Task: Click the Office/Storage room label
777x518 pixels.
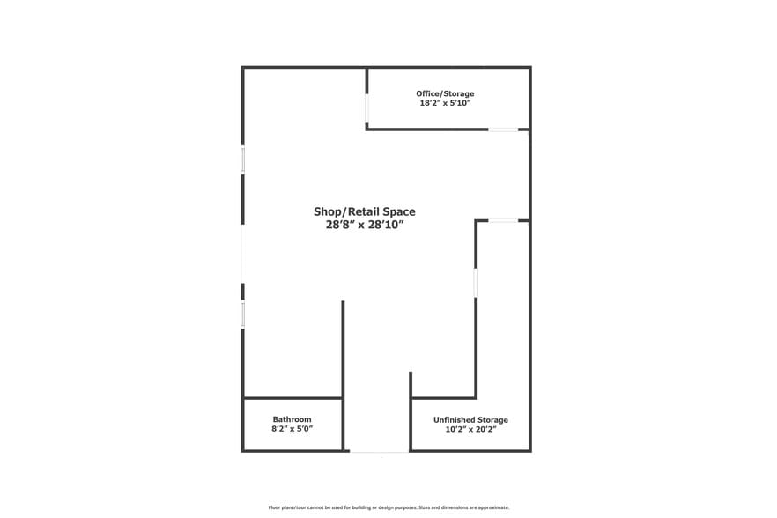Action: point(445,93)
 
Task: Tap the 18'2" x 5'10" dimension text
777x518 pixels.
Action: point(445,103)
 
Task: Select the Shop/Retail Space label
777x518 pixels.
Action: point(364,211)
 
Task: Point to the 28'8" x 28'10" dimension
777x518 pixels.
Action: point(364,225)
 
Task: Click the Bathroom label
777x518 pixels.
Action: point(292,419)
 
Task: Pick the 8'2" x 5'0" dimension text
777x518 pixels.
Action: point(292,429)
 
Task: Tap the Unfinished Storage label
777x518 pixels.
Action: point(470,420)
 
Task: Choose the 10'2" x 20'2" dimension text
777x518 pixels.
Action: point(470,430)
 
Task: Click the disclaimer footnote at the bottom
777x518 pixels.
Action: point(388,507)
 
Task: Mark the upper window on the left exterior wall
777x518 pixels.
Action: point(243,159)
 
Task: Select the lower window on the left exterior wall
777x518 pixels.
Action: point(243,314)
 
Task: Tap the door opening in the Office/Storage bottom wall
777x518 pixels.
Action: point(504,129)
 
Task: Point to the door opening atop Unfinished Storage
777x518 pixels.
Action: point(503,221)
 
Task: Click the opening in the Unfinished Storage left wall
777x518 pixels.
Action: point(477,282)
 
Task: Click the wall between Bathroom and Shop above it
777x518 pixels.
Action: point(292,398)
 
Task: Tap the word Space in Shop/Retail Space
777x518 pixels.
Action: point(396,211)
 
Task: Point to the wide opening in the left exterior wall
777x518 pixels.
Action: point(243,237)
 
